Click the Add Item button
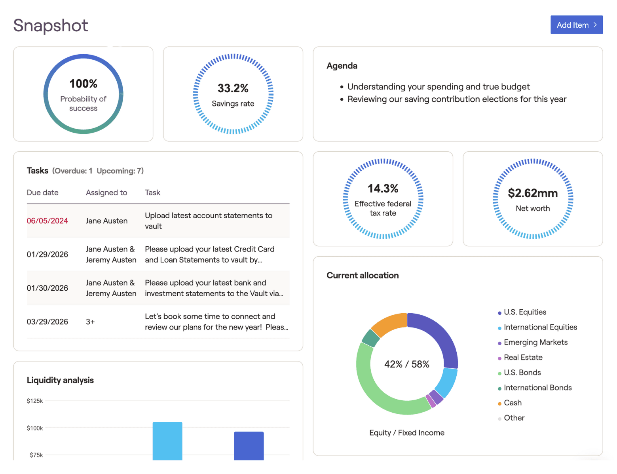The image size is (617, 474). tap(576, 25)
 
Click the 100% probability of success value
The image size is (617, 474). tap(83, 84)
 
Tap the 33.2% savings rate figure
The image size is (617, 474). tap(233, 88)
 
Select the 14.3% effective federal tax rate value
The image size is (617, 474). tap(383, 188)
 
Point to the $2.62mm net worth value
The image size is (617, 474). tap(533, 193)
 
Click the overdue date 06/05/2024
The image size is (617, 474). tap(47, 221)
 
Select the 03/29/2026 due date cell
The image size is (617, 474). tap(47, 322)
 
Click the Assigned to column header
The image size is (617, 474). tap(106, 193)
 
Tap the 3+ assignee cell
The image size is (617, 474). tap(90, 322)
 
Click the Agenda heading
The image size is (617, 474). tap(342, 66)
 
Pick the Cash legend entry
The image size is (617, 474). tap(513, 403)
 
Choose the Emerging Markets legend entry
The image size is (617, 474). tap(535, 343)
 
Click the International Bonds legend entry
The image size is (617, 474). tap(537, 388)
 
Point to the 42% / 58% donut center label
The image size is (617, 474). tap(407, 364)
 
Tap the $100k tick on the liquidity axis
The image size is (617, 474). tap(35, 428)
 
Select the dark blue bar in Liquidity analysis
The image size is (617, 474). tap(249, 445)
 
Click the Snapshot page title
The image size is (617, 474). tap(51, 25)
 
